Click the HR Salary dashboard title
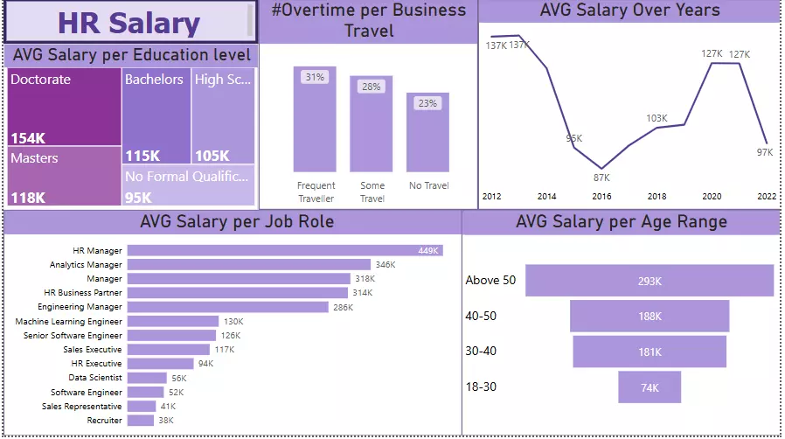coord(129,23)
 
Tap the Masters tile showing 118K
coord(65,176)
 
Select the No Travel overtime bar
coord(427,131)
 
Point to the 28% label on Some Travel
coord(372,87)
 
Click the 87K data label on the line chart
coord(601,178)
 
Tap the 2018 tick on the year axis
coord(656,197)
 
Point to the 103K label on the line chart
coord(656,118)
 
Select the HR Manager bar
coord(285,251)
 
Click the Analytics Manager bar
coord(249,264)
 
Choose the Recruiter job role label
coord(104,421)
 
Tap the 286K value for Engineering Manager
coord(343,307)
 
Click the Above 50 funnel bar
coord(650,281)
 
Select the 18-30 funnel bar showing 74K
coord(650,387)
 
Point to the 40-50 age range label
coord(481,316)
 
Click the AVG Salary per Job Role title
coord(236,222)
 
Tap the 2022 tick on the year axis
coord(767,197)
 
